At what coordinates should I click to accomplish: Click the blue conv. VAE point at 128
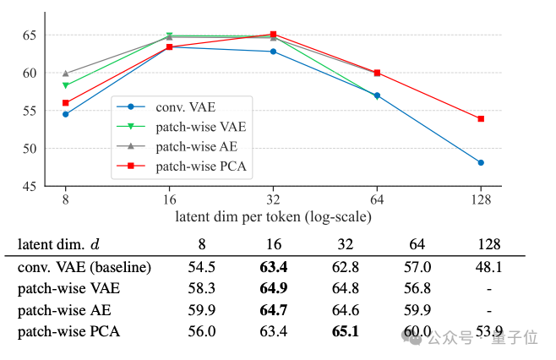click(481, 162)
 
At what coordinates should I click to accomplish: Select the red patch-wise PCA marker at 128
click(481, 119)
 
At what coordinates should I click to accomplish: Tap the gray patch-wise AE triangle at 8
click(65, 74)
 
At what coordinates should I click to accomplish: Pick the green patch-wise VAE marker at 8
click(65, 85)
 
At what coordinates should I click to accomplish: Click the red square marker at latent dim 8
click(65, 103)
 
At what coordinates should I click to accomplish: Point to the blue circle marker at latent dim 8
click(65, 114)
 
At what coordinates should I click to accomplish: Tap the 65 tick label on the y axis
click(30, 35)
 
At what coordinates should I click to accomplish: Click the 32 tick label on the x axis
click(272, 200)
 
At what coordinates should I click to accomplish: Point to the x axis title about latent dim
click(273, 216)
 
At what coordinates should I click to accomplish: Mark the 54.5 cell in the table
click(202, 268)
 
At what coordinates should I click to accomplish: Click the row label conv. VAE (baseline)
click(84, 268)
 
